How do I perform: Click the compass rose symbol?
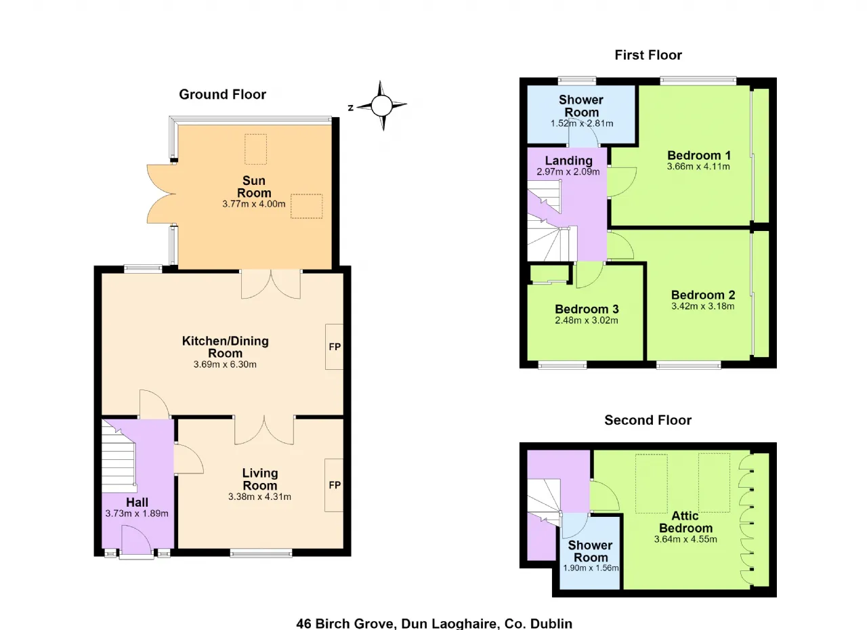click(381, 105)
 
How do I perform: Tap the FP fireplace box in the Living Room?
click(334, 485)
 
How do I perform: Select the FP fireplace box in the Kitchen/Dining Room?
click(334, 347)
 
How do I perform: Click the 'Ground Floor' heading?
click(223, 94)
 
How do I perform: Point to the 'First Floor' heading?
click(648, 55)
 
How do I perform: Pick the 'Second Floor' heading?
click(648, 420)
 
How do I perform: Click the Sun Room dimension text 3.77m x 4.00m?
click(254, 204)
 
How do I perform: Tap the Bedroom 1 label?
click(699, 156)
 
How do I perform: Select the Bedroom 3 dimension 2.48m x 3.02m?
click(587, 320)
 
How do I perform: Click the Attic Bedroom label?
click(685, 522)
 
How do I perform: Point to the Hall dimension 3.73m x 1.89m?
click(137, 513)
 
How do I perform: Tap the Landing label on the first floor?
click(568, 161)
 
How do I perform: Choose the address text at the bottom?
click(434, 623)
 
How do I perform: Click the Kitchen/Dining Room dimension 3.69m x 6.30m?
click(225, 364)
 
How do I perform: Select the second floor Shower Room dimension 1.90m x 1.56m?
click(591, 568)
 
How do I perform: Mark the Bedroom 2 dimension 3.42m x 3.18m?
click(702, 306)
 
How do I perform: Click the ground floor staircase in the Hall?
click(119, 457)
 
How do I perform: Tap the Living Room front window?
click(261, 553)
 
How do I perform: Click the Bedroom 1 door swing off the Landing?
click(622, 182)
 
